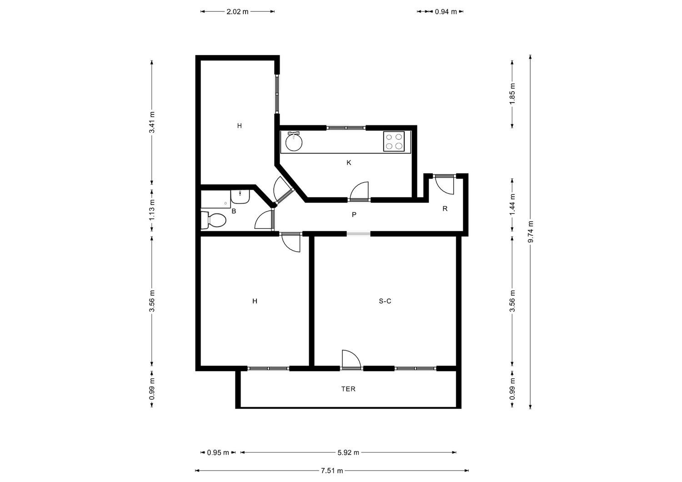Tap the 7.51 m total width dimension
[x=332, y=471]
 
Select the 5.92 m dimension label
[x=348, y=452]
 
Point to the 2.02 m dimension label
[x=237, y=11]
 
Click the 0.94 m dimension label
[x=446, y=11]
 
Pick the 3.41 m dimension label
[x=152, y=122]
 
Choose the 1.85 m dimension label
[x=512, y=94]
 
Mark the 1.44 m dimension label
[x=512, y=204]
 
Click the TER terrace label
[x=348, y=389]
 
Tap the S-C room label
[x=385, y=301]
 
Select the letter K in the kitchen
[x=349, y=163]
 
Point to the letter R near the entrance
[x=445, y=209]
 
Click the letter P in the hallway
[x=354, y=214]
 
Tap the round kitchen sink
[x=294, y=142]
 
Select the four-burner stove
[x=394, y=141]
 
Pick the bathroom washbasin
[x=240, y=197]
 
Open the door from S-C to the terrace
[x=351, y=360]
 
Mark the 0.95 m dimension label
[x=218, y=452]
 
